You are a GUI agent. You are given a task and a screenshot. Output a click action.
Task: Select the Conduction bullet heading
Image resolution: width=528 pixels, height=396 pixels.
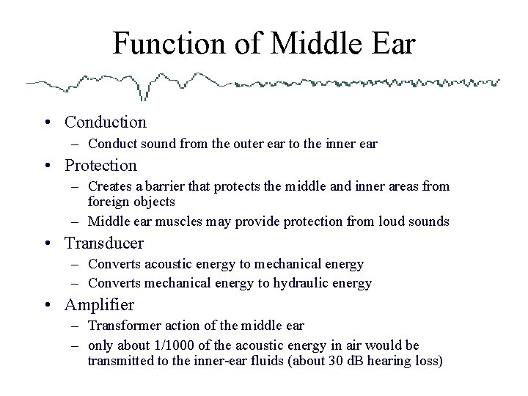(106, 122)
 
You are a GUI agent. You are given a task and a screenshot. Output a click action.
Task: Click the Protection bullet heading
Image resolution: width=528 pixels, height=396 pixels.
(101, 166)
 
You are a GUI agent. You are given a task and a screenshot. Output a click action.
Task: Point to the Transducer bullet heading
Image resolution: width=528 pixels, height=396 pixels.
(104, 243)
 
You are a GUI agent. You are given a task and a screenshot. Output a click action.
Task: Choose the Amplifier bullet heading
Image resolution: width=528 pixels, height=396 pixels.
(100, 304)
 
